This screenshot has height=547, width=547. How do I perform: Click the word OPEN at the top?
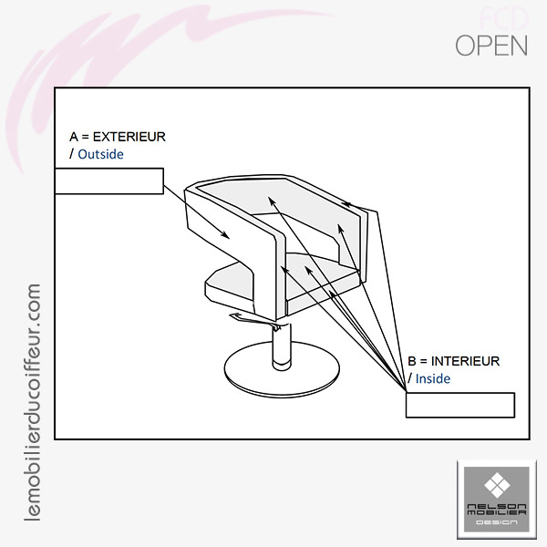point(490,46)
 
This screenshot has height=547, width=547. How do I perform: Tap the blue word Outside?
point(100,155)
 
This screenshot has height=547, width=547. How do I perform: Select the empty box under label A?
point(108,181)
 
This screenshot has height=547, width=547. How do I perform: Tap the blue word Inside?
point(433,378)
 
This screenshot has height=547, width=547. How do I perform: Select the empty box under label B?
point(459,404)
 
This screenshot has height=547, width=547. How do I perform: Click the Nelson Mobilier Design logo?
point(496,499)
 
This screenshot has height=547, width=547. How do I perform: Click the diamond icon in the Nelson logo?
point(496,483)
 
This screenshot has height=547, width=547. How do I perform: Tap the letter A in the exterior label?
point(74,137)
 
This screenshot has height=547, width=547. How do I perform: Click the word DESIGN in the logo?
point(496,522)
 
